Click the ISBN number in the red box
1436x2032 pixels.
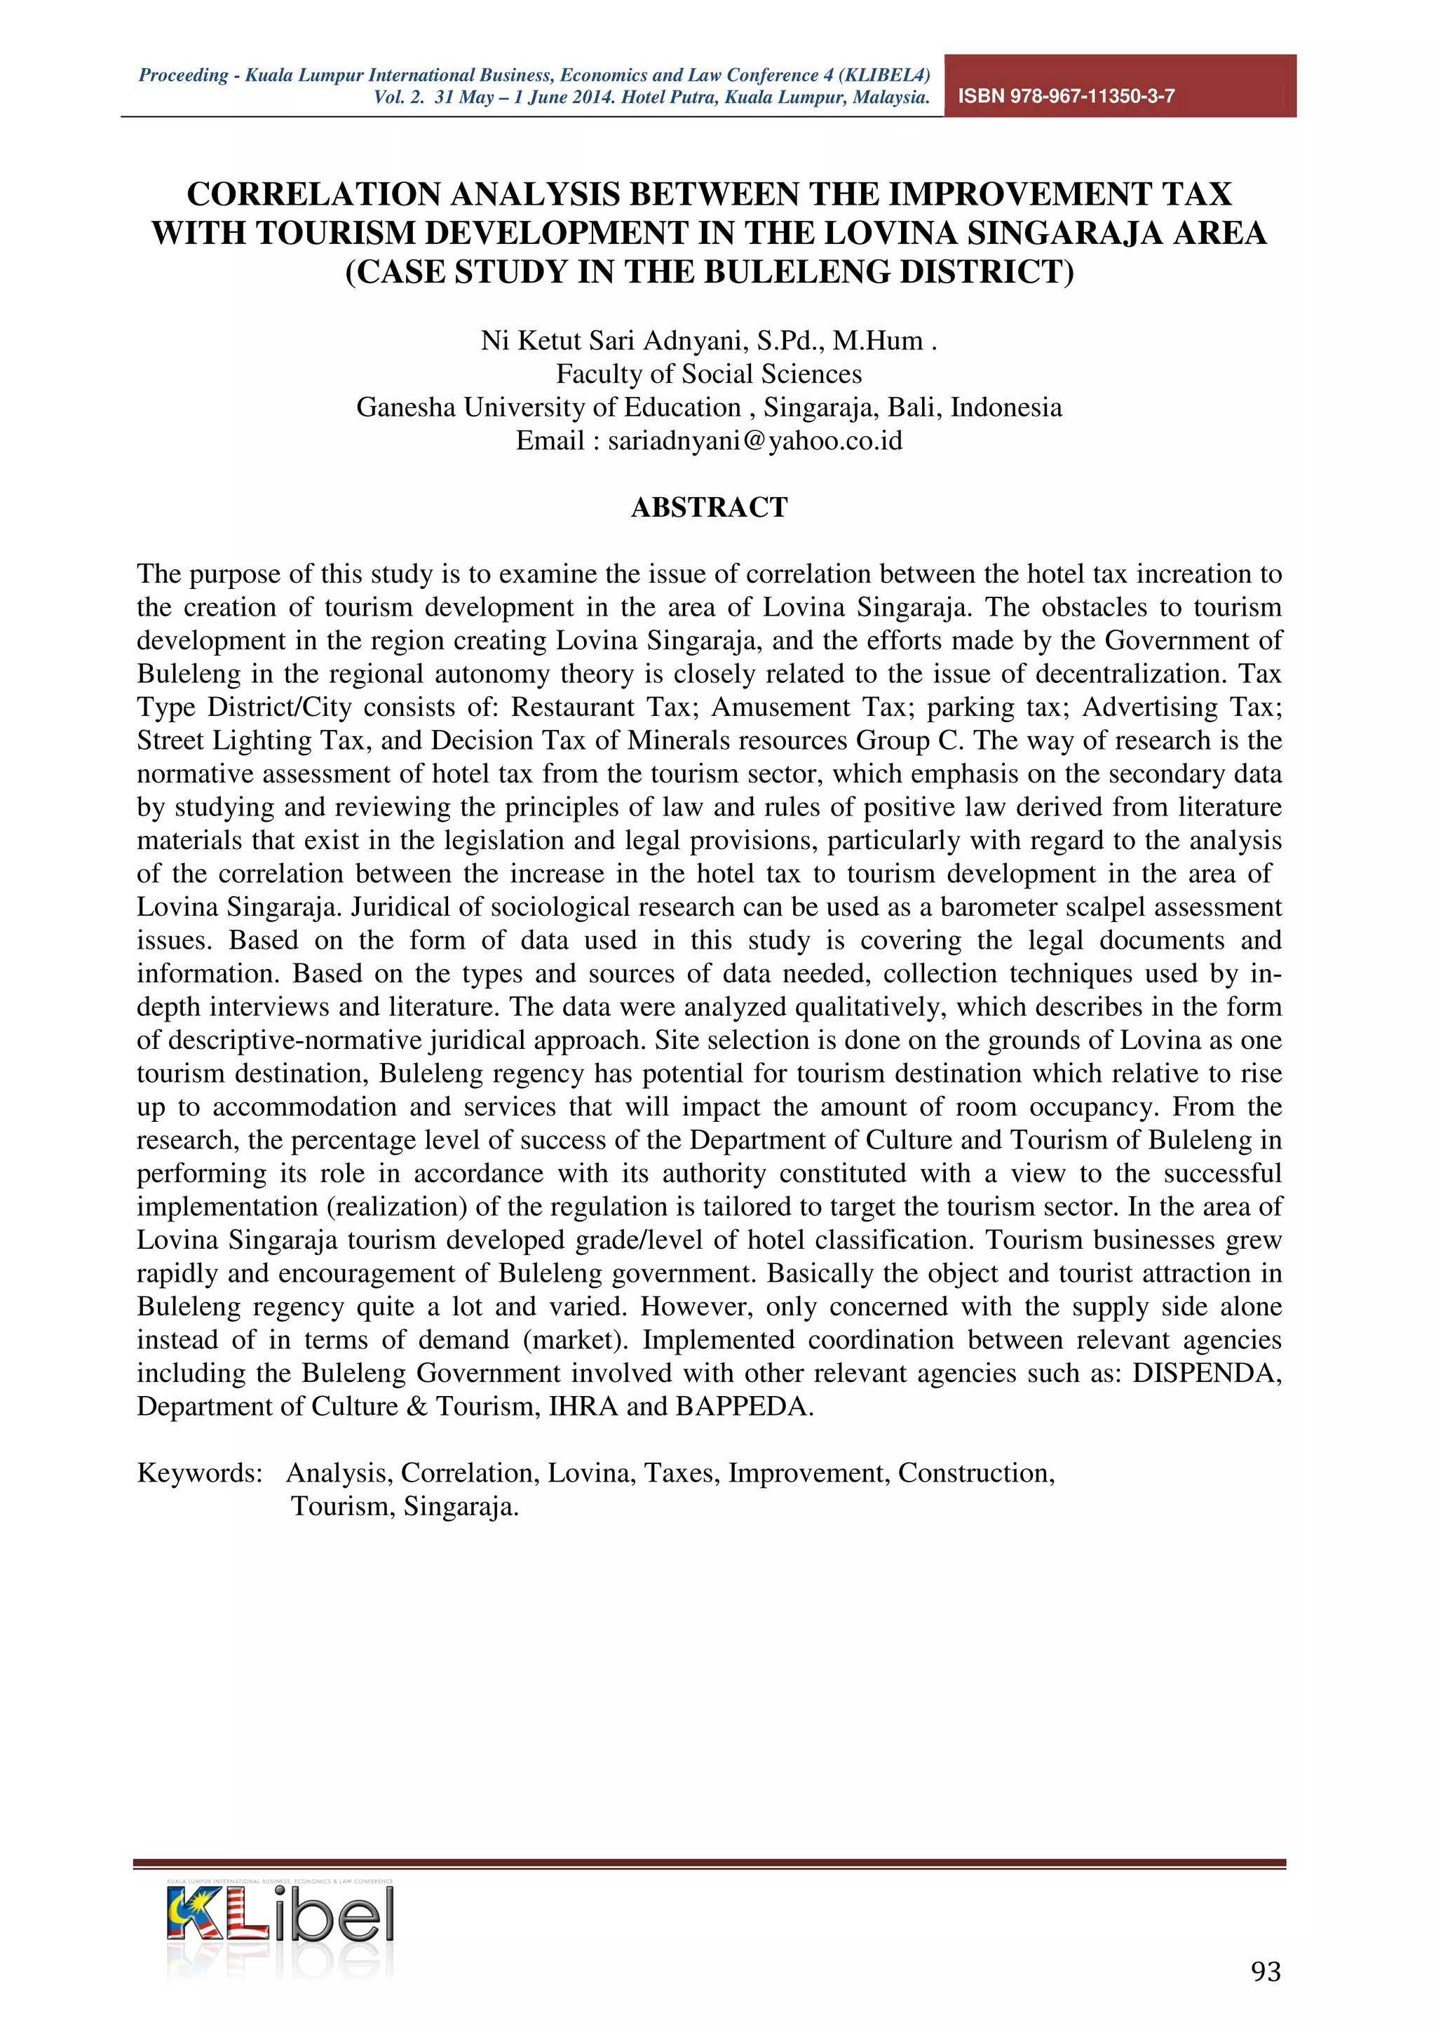pyautogui.click(x=1066, y=97)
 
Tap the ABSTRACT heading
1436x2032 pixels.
pyautogui.click(x=709, y=507)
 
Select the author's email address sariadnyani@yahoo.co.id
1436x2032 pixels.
pyautogui.click(x=754, y=441)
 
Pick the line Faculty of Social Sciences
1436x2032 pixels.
pyautogui.click(x=709, y=374)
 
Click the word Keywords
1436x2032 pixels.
pyautogui.click(x=199, y=1472)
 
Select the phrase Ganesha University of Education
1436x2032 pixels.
pyautogui.click(x=548, y=408)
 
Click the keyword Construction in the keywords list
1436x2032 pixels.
pyautogui.click(x=975, y=1472)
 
